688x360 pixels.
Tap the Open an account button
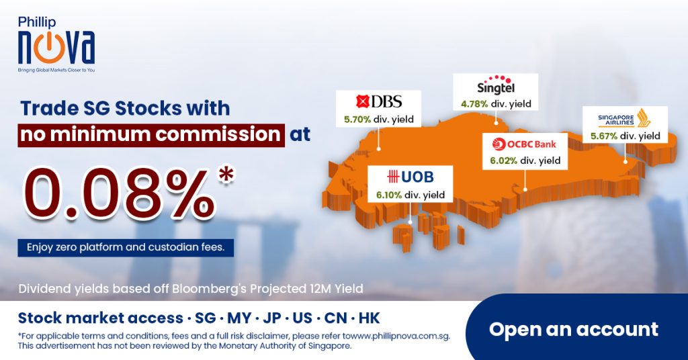tap(574, 329)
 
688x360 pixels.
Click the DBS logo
tap(379, 101)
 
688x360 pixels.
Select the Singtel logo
tap(496, 85)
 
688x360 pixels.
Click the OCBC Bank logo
tap(524, 144)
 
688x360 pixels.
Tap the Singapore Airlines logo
tap(624, 118)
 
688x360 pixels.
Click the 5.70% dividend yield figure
tap(357, 120)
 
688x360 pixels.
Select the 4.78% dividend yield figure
tap(474, 104)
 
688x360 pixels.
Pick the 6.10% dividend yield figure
tap(389, 195)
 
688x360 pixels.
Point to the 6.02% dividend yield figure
tap(504, 161)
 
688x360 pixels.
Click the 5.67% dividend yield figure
tap(604, 136)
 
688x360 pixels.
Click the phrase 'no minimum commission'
tap(150, 134)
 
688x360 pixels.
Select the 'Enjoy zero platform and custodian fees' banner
tap(126, 247)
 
